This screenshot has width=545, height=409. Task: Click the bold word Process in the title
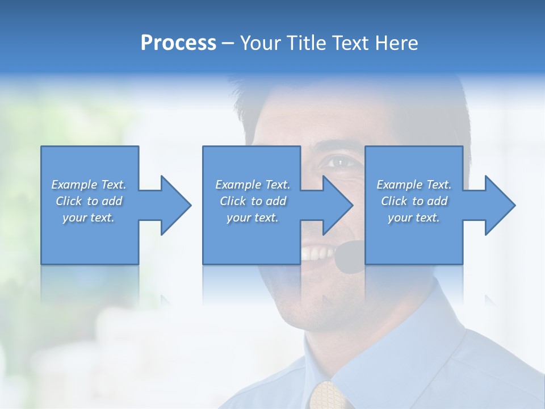[178, 43]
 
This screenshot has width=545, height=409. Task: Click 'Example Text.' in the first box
[89, 185]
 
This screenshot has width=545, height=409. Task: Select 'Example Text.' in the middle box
[253, 185]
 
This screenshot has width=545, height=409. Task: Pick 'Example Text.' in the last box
[414, 185]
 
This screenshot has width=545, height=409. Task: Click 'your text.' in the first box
[89, 218]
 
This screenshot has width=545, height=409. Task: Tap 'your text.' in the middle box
[253, 218]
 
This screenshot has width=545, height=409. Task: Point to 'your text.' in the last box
[414, 218]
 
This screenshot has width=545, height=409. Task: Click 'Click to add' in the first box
[89, 201]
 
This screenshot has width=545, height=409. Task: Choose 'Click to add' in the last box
[414, 201]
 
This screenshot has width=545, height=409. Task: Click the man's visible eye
[339, 163]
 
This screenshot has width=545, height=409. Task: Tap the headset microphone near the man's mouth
[350, 256]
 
